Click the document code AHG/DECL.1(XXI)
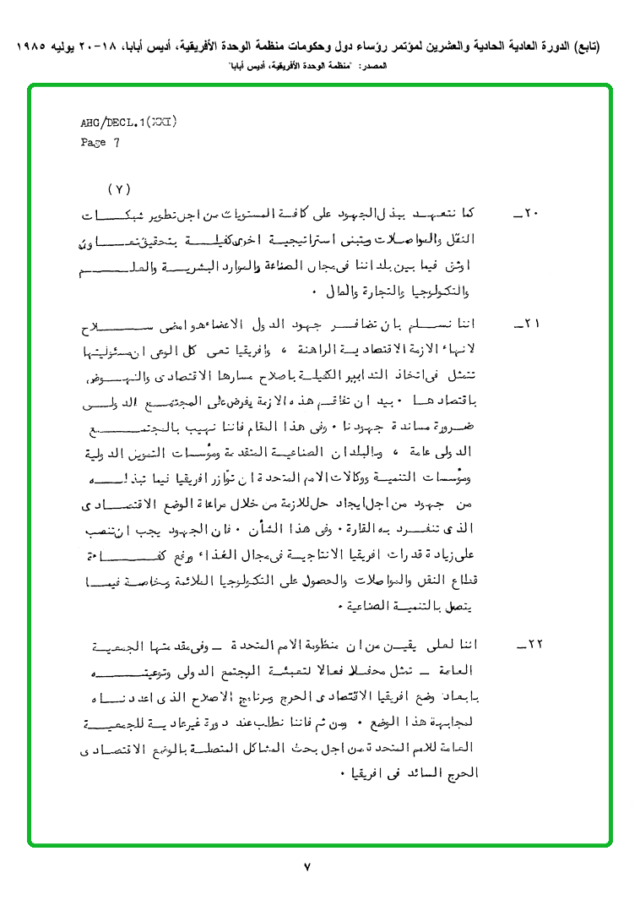point(128,123)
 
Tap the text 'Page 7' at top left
point(100,143)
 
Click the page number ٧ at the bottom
point(307,867)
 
